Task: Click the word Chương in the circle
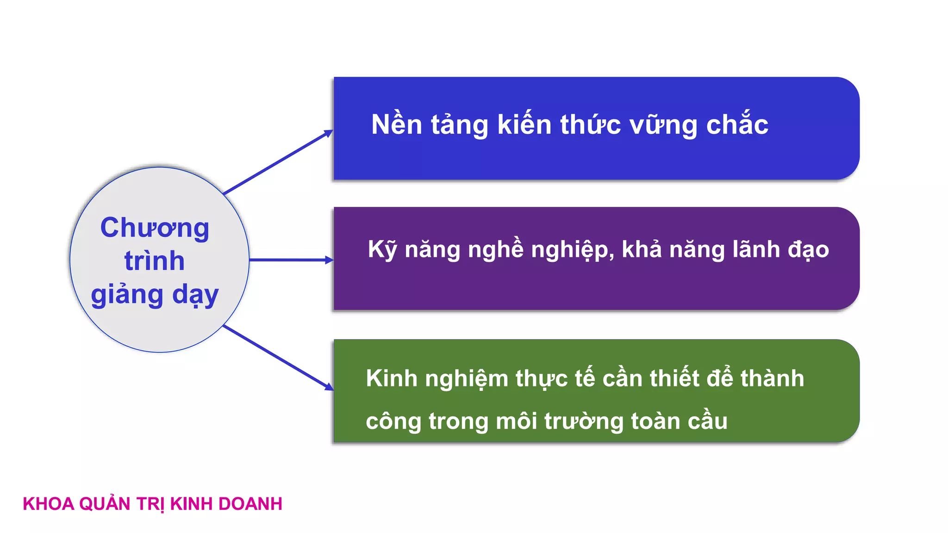point(155,228)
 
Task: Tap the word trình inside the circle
point(155,261)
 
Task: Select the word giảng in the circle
point(127,295)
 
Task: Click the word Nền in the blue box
point(397,125)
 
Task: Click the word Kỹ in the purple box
point(382,250)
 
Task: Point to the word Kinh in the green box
point(392,378)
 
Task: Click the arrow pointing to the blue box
point(278,162)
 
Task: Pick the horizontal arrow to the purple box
point(291,260)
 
